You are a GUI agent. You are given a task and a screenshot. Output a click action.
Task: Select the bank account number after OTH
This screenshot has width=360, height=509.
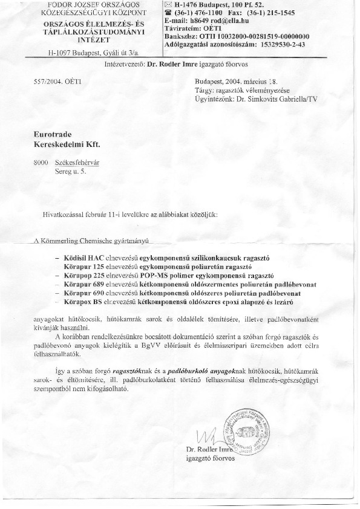pyautogui.click(x=268, y=36)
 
